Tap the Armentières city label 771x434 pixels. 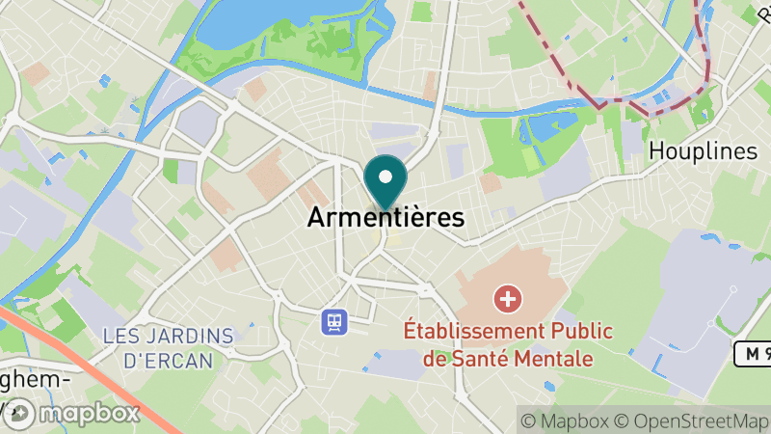(x=385, y=218)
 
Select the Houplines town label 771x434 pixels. (x=704, y=151)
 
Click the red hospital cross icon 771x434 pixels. (x=507, y=299)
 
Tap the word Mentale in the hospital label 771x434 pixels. (x=555, y=359)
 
